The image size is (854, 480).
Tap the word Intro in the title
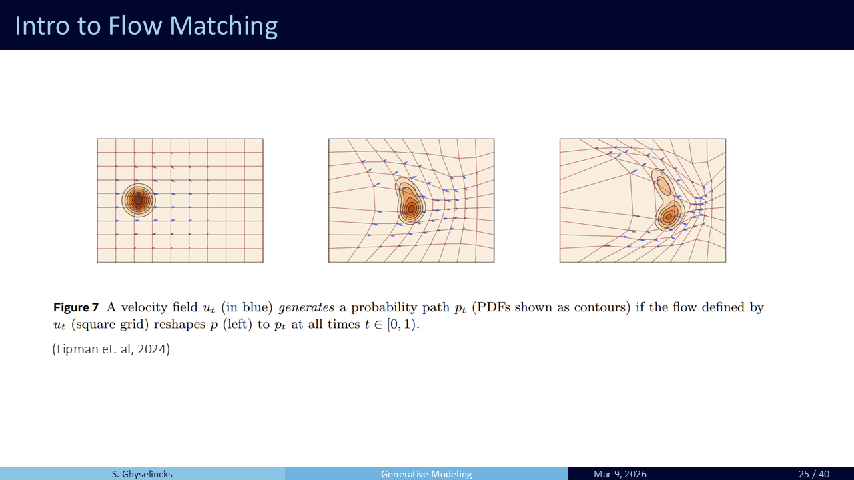pos(42,26)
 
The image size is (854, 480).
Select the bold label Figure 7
pos(76,307)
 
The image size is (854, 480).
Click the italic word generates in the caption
pos(306,308)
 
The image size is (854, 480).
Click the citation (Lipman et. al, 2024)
pos(111,349)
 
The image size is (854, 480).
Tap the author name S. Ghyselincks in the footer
pos(142,474)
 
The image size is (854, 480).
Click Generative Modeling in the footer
pos(426,474)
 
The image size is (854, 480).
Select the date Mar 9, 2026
pos(620,474)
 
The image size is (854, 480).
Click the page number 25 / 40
pos(813,474)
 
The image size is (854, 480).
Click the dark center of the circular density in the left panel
pos(139,200)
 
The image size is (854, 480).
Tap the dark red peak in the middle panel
pos(411,209)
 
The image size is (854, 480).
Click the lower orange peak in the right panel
pos(669,217)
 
